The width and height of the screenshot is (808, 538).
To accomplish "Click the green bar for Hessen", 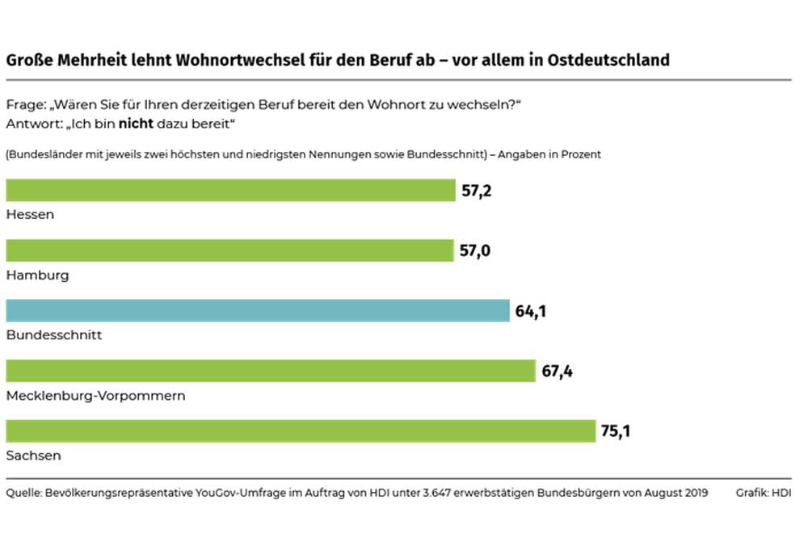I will click(230, 190).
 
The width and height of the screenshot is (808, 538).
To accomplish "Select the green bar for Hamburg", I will click(229, 250).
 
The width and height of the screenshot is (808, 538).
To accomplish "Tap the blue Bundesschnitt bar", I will click(258, 310).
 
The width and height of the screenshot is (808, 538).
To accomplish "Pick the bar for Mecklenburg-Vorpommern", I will click(271, 371).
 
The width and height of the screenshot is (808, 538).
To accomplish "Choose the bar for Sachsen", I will click(301, 431).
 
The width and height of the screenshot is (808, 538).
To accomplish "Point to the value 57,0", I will click(476, 250).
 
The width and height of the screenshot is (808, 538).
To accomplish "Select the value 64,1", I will click(532, 310).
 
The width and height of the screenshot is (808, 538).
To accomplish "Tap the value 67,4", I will click(558, 371).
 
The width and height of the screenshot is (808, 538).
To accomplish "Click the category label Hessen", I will click(30, 214).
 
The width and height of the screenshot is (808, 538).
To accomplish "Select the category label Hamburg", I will click(37, 275).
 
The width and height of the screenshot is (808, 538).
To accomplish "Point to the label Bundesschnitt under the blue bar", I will click(54, 334).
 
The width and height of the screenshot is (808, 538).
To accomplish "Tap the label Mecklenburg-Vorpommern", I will click(95, 395).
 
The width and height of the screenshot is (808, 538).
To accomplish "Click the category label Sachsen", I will click(33, 456).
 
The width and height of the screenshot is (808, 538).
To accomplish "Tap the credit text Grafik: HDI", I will click(764, 493).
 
